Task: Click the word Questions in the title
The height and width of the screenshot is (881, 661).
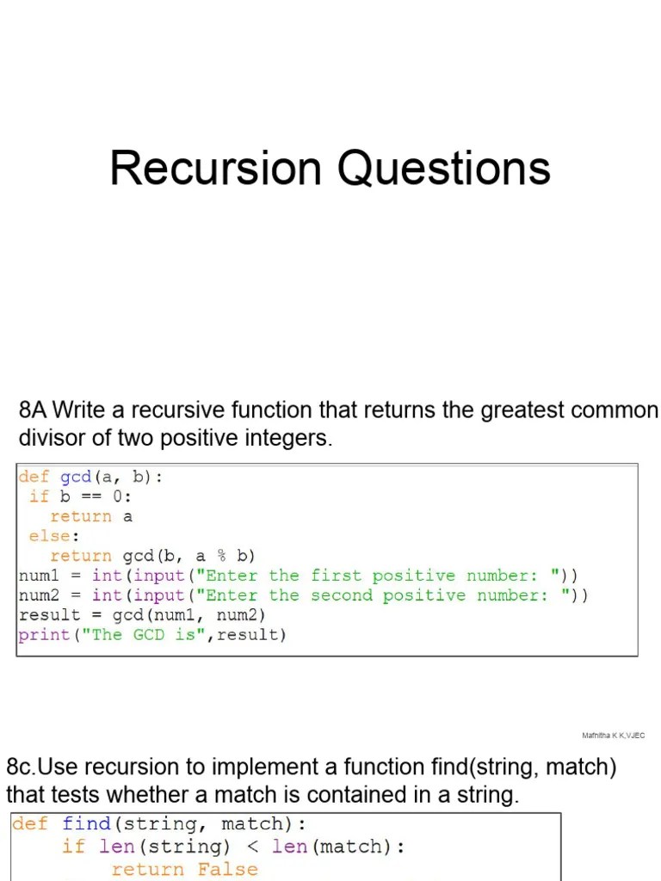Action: (443, 169)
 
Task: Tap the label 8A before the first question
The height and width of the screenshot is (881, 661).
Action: (34, 410)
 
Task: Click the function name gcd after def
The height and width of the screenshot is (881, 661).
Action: (76, 477)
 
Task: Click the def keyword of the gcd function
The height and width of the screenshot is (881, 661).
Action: (34, 477)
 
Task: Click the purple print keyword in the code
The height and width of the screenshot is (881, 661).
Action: (44, 635)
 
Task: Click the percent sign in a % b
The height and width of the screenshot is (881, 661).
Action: (222, 556)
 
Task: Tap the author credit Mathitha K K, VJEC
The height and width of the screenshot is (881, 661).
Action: (613, 736)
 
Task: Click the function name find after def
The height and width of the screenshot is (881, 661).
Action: (86, 823)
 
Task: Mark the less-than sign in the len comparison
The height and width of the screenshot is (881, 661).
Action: (252, 847)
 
